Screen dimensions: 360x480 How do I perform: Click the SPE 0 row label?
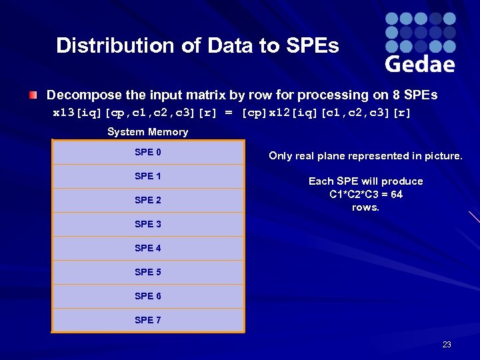pos(147,152)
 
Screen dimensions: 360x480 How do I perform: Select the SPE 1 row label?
pos(147,176)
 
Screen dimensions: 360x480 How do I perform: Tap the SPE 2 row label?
pos(147,200)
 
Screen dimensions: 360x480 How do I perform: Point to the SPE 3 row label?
pos(147,224)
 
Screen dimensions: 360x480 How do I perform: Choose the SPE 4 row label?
pos(147,248)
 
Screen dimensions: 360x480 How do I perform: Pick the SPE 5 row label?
pos(147,272)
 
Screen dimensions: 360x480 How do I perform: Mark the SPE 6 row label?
pos(147,296)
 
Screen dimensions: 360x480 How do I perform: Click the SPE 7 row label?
pos(147,320)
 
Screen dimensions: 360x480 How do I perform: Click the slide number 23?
pos(447,345)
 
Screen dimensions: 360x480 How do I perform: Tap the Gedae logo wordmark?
pos(420,63)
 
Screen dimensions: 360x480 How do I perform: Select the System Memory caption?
pos(147,132)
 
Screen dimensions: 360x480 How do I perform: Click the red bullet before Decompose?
pos(33,95)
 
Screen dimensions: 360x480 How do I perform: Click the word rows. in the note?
pos(365,207)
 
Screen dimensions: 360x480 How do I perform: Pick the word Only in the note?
pos(281,156)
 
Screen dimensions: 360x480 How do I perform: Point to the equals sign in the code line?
pos(229,113)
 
